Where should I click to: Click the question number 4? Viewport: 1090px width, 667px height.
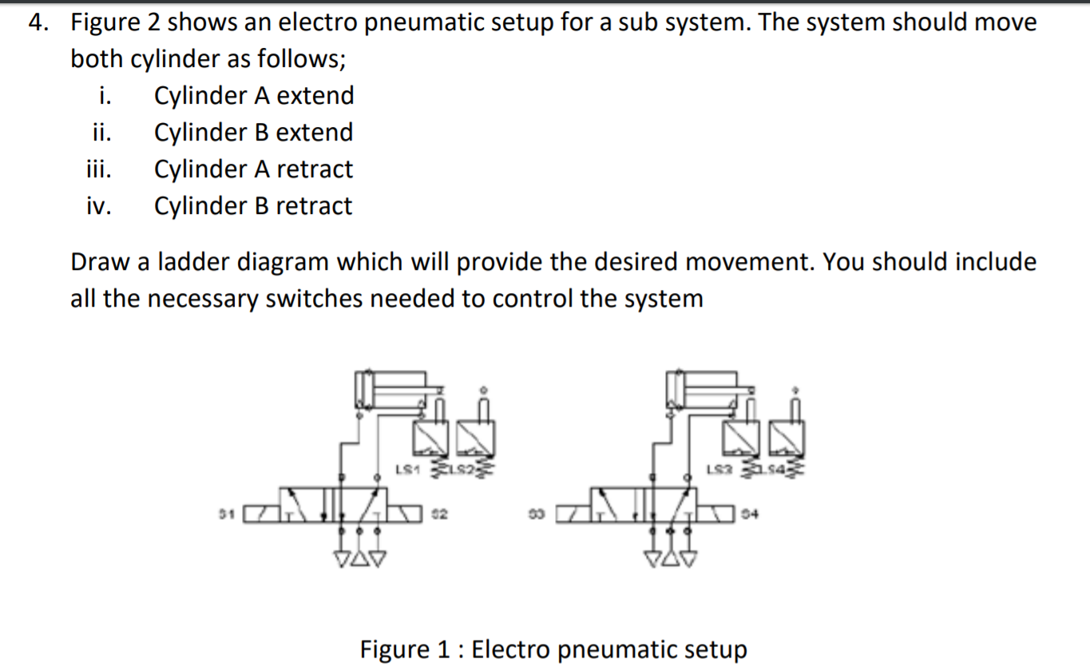35,22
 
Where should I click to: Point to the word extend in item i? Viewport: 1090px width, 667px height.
315,96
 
